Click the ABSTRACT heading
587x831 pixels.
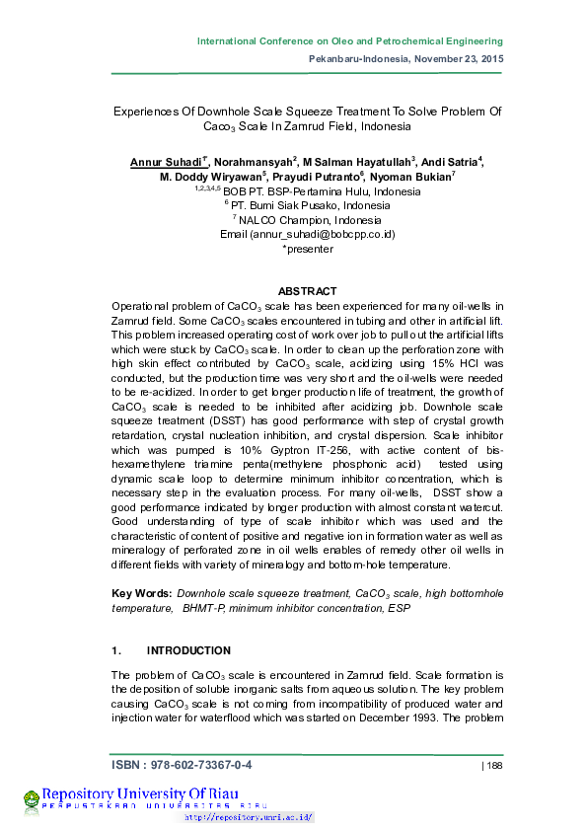point(307,291)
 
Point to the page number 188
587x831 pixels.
point(491,766)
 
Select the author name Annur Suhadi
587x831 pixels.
point(165,161)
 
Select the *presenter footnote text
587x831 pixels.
point(308,249)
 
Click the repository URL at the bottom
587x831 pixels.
point(249,817)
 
